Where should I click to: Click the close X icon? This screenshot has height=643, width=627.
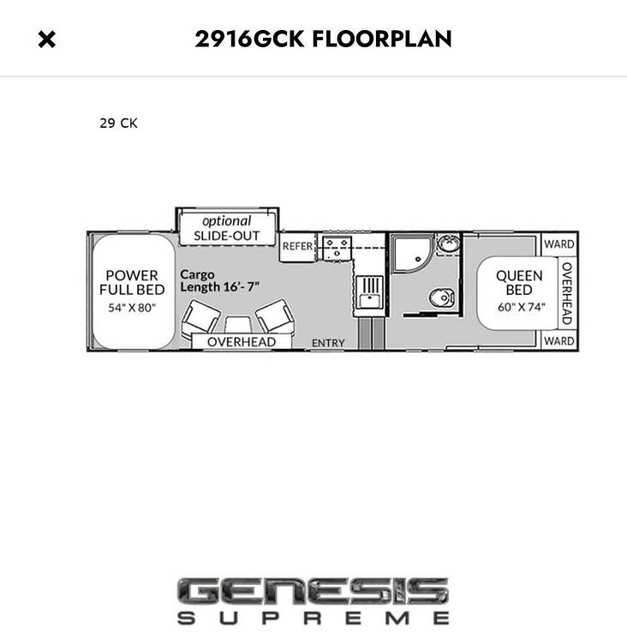tap(47, 39)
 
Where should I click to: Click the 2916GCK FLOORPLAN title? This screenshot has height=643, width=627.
tap(323, 39)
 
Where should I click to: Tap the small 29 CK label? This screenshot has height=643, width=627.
tap(118, 123)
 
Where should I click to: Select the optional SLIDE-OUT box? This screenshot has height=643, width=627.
tap(227, 228)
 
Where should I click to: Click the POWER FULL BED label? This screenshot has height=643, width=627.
tap(132, 283)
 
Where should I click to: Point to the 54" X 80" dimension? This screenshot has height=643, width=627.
tap(132, 308)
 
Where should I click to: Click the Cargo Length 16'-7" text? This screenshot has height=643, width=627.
tap(219, 281)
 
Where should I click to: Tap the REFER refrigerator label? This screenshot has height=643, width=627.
tap(297, 246)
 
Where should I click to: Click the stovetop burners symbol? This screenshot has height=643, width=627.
tap(337, 248)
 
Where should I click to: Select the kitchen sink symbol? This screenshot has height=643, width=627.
tap(369, 291)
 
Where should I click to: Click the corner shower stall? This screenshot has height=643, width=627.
tap(412, 254)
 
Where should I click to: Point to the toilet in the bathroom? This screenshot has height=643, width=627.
tap(442, 297)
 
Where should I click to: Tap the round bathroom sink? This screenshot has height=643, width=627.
tap(448, 243)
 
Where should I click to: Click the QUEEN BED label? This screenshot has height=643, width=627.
tap(519, 283)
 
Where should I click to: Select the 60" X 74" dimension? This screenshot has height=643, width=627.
tap(522, 307)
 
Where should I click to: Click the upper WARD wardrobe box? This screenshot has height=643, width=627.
tap(559, 244)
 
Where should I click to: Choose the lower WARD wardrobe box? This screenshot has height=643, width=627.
tap(559, 340)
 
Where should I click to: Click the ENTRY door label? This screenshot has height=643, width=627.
tap(328, 343)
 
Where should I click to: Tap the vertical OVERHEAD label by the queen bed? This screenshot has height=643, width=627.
tap(567, 293)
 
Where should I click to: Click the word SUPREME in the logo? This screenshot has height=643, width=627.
tap(313, 618)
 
